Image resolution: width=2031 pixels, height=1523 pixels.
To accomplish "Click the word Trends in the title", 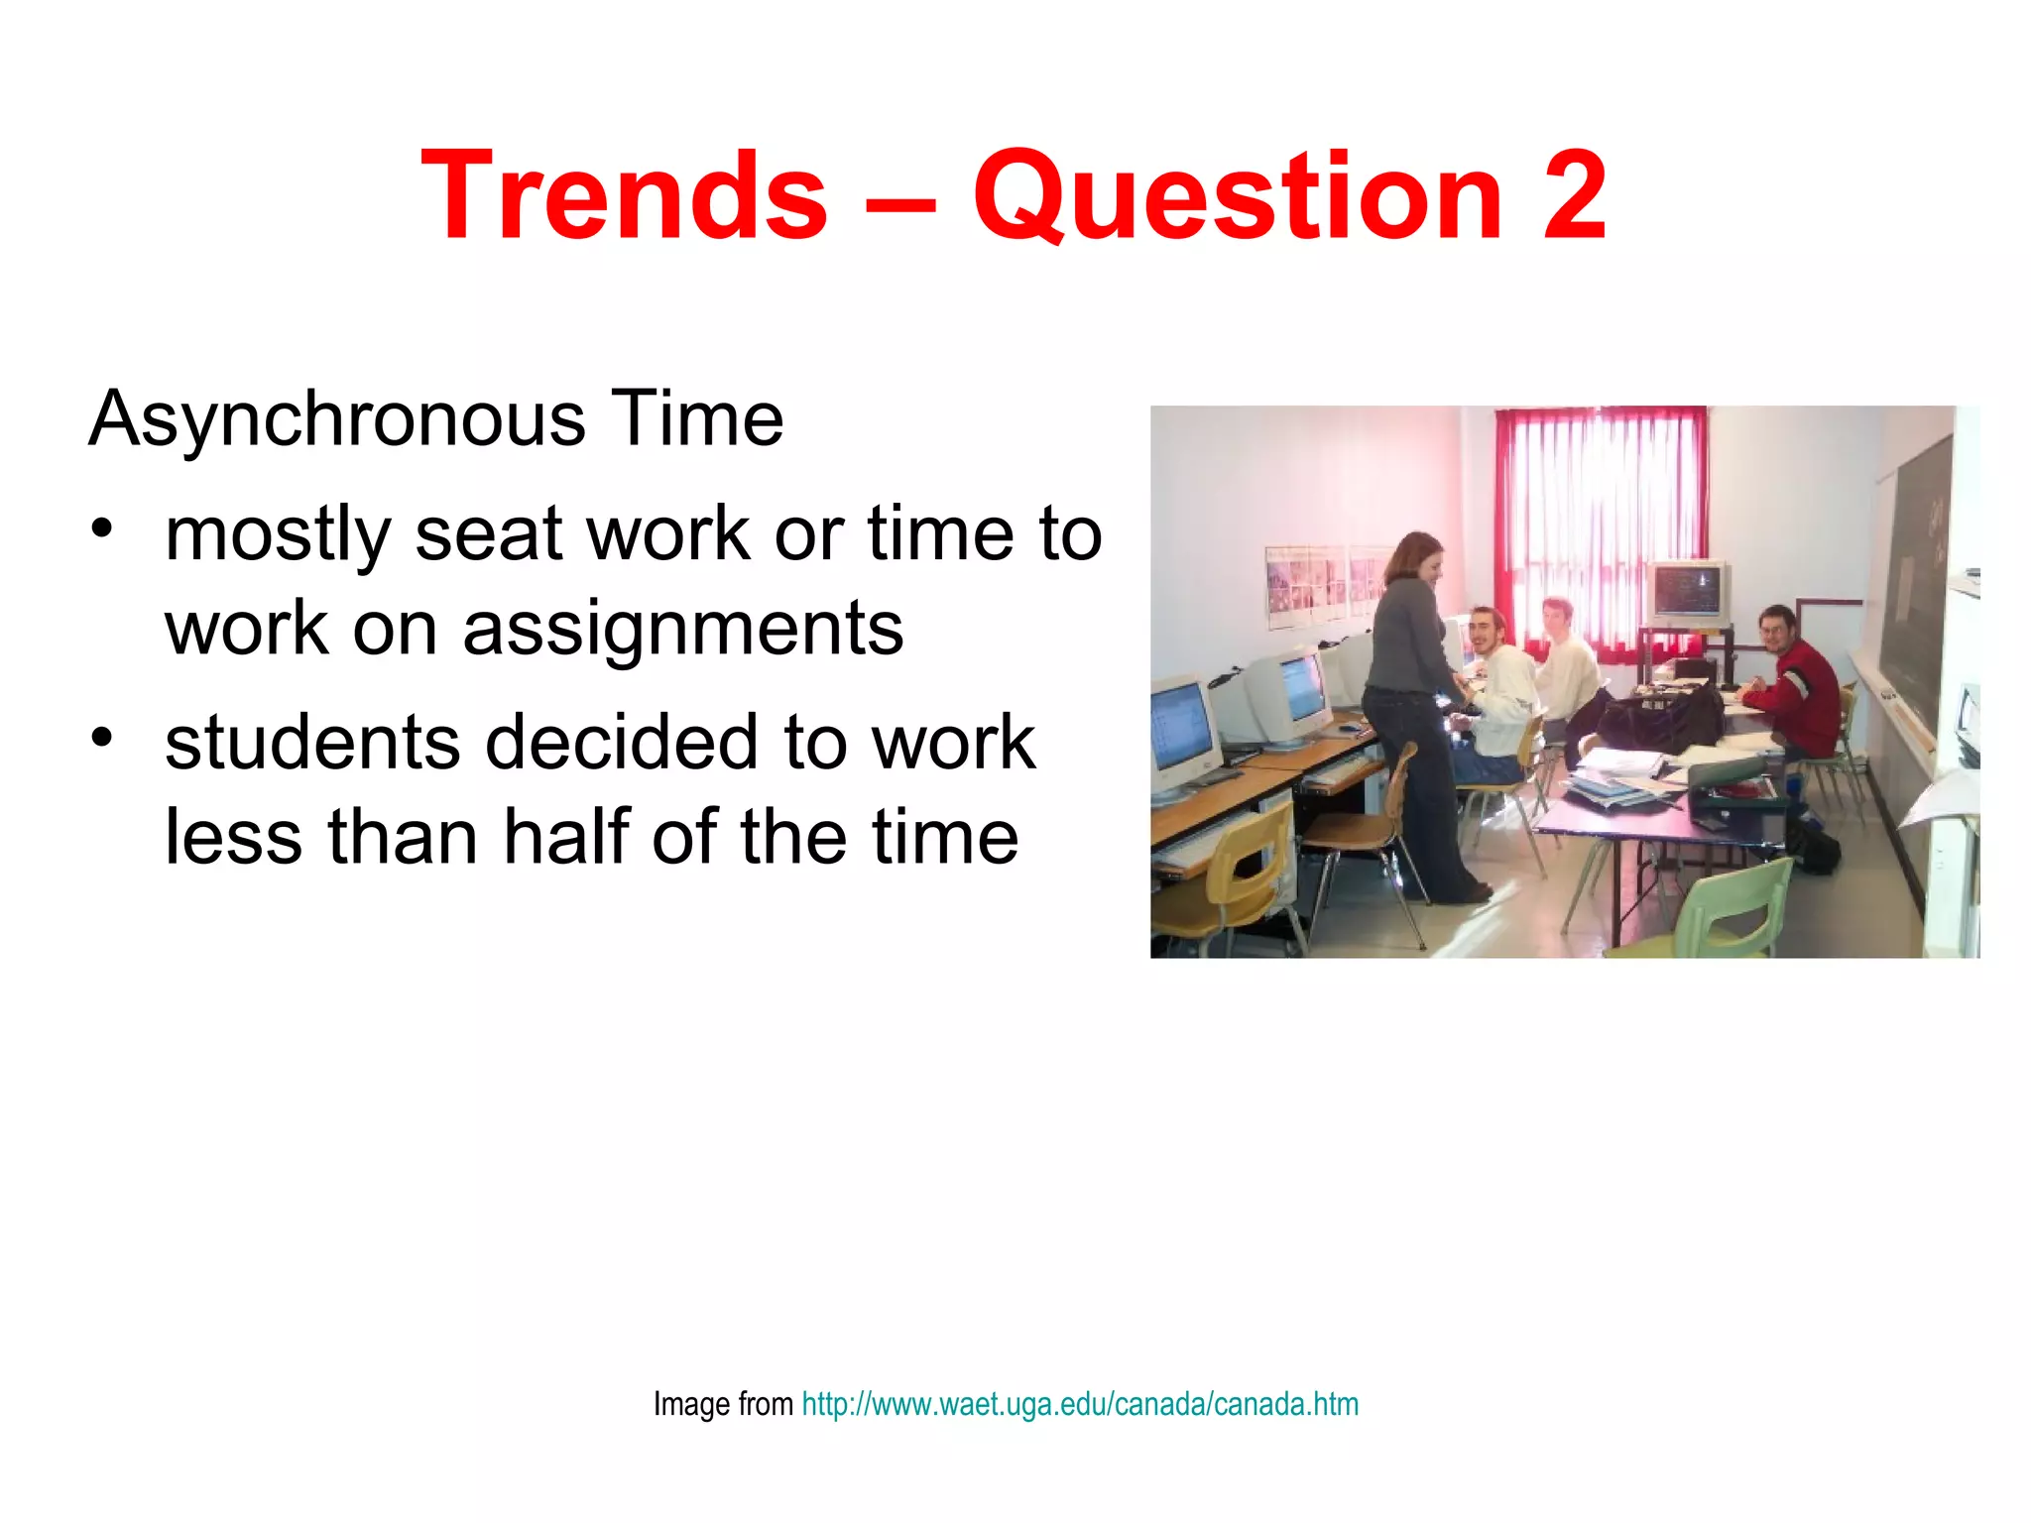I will pos(624,195).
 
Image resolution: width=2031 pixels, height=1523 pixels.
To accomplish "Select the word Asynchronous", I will pos(337,420).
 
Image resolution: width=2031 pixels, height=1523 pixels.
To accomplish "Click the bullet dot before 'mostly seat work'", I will pos(101,527).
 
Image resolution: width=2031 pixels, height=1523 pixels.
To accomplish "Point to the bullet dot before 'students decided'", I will pos(101,736).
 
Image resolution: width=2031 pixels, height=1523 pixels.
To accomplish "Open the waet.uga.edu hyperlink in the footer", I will pos(1080,1404).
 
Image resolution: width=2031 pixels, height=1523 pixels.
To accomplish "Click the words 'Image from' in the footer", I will pos(723,1404).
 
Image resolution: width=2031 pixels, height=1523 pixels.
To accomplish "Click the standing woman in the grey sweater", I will pos(1413,694).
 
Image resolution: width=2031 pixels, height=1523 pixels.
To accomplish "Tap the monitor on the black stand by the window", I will pos(1689,592).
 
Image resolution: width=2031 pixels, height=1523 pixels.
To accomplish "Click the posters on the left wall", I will pos(1319,585).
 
